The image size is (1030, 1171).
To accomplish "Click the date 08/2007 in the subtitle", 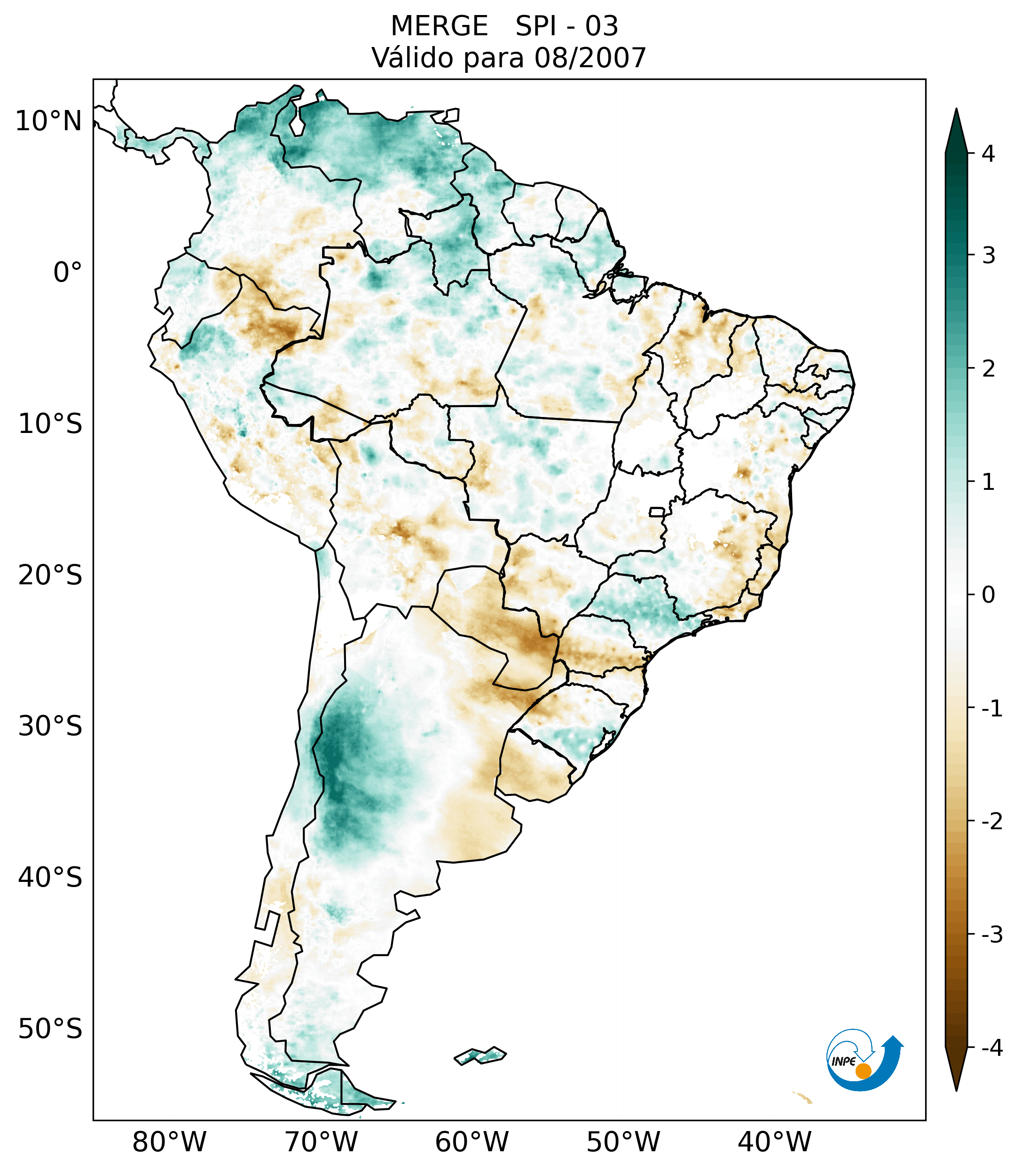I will point(590,58).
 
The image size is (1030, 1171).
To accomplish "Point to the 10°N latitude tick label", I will point(49,121).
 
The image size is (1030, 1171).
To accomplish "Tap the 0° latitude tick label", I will point(68,273).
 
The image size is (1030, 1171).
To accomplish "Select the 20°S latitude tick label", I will point(50,575).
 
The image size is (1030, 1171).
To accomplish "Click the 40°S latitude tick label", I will point(50,878).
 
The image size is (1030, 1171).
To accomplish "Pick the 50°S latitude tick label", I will point(50,1029).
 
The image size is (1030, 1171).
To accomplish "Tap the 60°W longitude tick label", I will point(472,1142).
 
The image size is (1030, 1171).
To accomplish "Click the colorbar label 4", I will point(988,154).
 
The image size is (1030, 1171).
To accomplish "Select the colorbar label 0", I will point(988,595).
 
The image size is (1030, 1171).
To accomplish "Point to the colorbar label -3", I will point(991,935).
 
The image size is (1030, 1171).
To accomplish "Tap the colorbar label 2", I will point(988,369).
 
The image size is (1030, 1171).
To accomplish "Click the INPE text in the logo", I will point(843,1061).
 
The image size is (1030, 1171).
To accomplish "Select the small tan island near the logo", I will point(803,1097).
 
